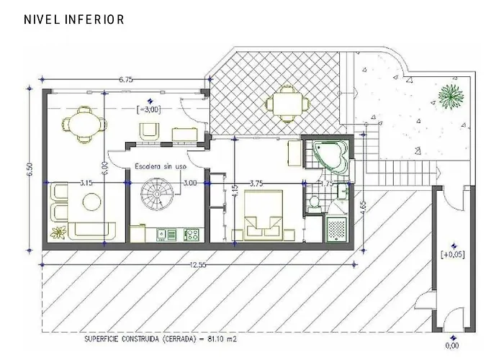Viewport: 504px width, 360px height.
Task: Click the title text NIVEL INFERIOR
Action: [x=74, y=19]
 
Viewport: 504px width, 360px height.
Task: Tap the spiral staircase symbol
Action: [x=153, y=195]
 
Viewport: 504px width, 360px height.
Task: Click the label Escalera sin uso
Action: [x=161, y=166]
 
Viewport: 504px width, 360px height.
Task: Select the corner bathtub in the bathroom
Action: [x=331, y=156]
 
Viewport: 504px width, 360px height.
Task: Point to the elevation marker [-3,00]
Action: [x=149, y=109]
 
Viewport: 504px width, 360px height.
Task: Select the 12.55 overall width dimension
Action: [x=198, y=265]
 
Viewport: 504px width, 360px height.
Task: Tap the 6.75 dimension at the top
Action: [x=126, y=79]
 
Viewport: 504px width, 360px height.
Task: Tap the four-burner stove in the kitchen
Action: [x=192, y=233]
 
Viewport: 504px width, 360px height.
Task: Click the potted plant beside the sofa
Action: [x=58, y=232]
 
